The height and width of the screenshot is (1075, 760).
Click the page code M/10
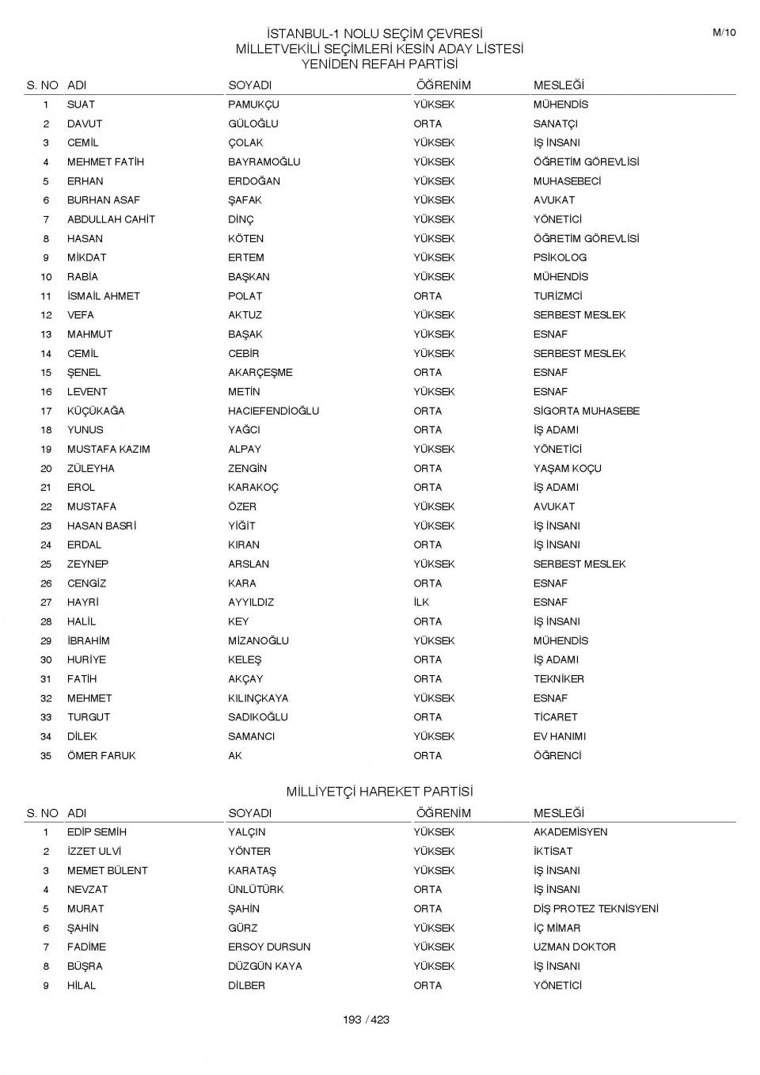[x=724, y=32]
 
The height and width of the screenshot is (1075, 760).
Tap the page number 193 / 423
[x=366, y=1020]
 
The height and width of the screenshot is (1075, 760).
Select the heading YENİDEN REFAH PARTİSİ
[x=379, y=64]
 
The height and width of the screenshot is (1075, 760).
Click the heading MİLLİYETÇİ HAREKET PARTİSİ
[x=379, y=792]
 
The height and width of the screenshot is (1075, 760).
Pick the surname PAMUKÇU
[x=253, y=104]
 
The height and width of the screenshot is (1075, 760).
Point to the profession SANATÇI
[x=555, y=123]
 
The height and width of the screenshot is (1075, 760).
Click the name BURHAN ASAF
[x=103, y=200]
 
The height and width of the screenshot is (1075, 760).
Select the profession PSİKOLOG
[x=560, y=257]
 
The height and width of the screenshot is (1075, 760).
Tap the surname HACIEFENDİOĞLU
[x=273, y=411]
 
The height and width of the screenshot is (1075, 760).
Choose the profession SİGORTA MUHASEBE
[x=586, y=411]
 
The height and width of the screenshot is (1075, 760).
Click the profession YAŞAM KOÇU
[x=567, y=469]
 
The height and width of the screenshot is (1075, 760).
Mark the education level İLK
[x=421, y=602]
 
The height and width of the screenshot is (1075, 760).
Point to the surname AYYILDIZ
[x=251, y=602]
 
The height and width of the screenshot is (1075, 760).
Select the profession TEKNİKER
[x=558, y=679]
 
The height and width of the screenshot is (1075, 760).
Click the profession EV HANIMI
[x=559, y=736]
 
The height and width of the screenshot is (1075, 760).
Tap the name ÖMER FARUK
[x=101, y=756]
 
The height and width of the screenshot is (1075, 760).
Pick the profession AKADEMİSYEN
[x=570, y=832]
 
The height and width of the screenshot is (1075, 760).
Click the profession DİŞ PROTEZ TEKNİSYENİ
[x=595, y=909]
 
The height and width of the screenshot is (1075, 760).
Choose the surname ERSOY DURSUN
[x=269, y=947]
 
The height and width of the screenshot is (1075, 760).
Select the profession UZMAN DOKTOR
[x=574, y=947]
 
